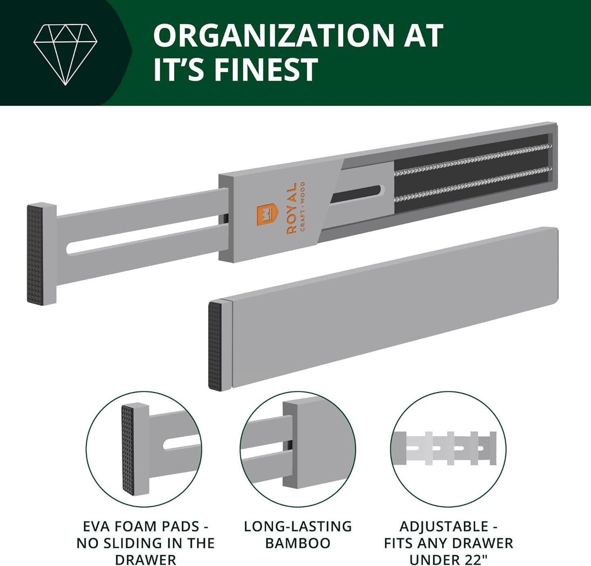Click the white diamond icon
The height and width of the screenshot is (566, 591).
click(65, 54)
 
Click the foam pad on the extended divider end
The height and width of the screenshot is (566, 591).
click(35, 254)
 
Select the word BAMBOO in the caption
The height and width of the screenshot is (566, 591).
click(298, 543)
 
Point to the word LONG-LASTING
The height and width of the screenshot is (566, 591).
click(298, 526)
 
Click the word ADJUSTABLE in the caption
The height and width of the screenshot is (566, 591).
click(444, 526)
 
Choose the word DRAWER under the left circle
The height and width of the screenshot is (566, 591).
click(146, 559)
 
